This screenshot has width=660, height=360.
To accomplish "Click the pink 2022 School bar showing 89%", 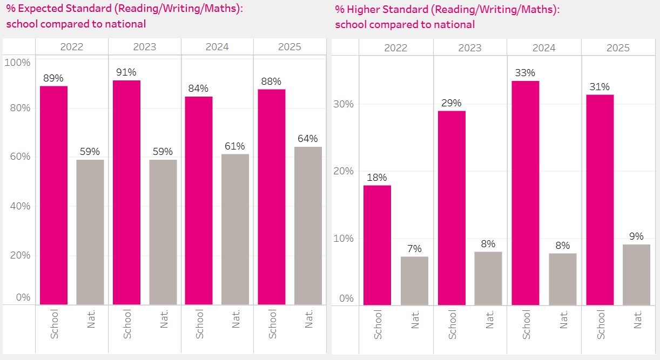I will (53, 195).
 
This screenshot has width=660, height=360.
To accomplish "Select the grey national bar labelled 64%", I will (308, 226).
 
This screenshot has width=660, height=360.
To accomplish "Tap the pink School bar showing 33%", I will (526, 193).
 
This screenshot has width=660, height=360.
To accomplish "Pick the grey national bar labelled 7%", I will (415, 281).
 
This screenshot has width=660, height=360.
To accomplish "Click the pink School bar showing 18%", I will (377, 246).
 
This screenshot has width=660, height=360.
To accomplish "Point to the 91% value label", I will (126, 72).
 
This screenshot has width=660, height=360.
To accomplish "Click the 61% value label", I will (235, 146).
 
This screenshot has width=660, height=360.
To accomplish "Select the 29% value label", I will (451, 102).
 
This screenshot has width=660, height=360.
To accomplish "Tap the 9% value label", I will (636, 236).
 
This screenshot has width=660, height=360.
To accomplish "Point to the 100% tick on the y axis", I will (17, 63).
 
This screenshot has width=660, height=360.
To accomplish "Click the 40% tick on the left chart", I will (19, 206).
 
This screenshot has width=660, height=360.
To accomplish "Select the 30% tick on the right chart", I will (343, 104).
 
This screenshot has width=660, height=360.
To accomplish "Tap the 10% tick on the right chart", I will (343, 239).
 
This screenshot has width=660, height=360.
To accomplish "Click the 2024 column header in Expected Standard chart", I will (217, 47).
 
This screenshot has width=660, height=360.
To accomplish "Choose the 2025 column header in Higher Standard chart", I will (618, 48).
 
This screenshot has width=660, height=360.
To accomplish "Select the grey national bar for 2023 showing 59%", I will (163, 232).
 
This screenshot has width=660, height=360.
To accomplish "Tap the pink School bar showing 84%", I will (199, 200).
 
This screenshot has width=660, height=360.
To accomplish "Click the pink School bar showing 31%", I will (600, 200).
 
